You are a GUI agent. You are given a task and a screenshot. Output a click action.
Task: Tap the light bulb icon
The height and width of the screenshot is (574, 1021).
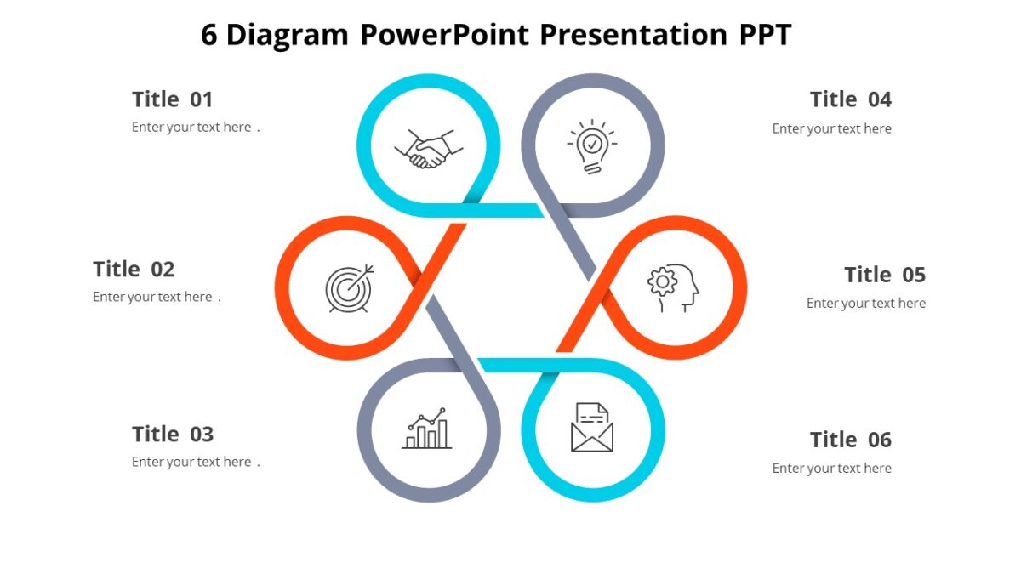point(592,146)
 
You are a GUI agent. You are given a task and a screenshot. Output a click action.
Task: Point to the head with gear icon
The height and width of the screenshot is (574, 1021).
point(673,287)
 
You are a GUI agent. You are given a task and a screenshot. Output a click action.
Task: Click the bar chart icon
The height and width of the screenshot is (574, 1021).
point(427,429)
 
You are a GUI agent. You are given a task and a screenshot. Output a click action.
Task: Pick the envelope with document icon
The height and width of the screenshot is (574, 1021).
point(592,428)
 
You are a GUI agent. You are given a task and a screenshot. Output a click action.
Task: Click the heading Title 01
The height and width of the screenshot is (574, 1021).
point(172,99)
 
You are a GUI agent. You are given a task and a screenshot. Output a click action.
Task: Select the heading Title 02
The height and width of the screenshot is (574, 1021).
point(134,270)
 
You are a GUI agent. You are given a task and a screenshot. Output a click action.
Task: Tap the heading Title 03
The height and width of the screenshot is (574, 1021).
point(173,435)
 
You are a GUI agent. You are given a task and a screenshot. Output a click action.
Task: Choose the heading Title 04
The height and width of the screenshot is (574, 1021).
point(850,99)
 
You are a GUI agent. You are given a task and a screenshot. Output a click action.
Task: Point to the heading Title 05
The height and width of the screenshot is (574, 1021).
point(884,275)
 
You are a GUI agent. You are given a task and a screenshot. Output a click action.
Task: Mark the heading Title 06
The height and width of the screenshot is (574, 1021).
point(850,440)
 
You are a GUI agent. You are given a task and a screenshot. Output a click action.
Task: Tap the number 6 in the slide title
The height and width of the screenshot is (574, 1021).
point(209,35)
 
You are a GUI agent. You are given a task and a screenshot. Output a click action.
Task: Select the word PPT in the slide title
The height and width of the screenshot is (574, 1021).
point(761,35)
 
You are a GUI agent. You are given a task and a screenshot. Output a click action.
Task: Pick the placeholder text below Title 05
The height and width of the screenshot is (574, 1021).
point(865,304)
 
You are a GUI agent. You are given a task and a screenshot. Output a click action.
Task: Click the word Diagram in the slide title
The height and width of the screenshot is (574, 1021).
point(288,35)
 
